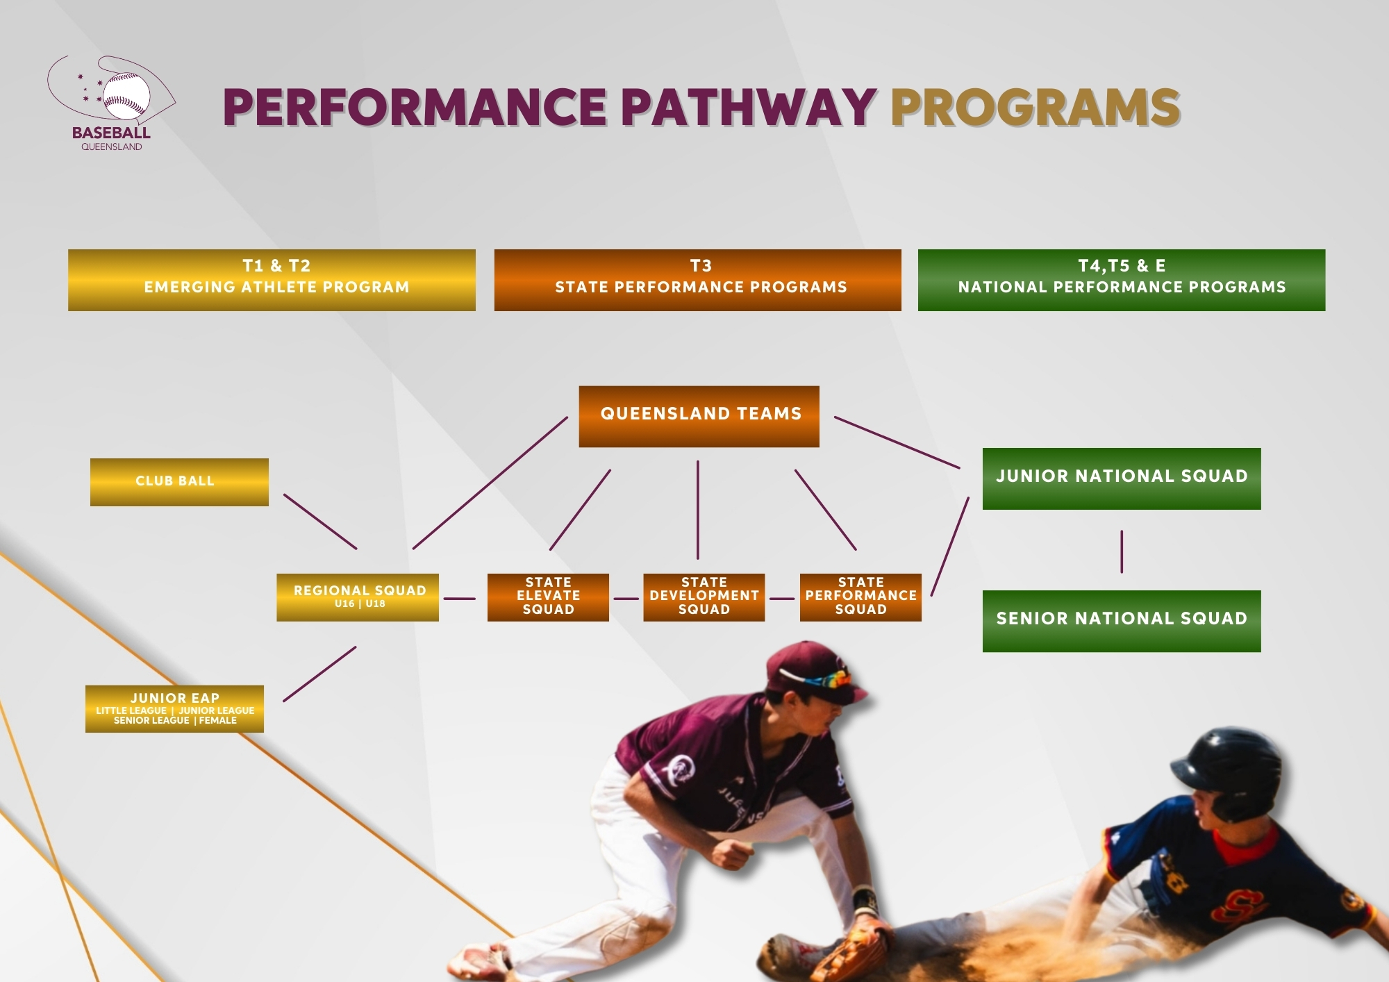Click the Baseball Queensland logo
pos(111,103)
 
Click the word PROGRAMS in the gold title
pos(1035,108)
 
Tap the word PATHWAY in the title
pos(748,108)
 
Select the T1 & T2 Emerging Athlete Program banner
pos(272,280)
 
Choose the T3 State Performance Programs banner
pos(697,280)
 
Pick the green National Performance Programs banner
pos(1122,280)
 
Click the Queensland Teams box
pos(699,417)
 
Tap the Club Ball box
pos(179,482)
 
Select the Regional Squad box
pos(358,597)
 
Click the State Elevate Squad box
pos(548,597)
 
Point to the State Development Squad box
pos(704,597)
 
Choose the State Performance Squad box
pos(860,597)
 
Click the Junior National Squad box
pos(1122,478)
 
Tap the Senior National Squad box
pos(1122,621)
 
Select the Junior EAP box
pos(174,709)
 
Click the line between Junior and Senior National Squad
pos(1122,551)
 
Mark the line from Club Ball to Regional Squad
pos(320,522)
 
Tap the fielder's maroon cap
pos(813,672)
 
